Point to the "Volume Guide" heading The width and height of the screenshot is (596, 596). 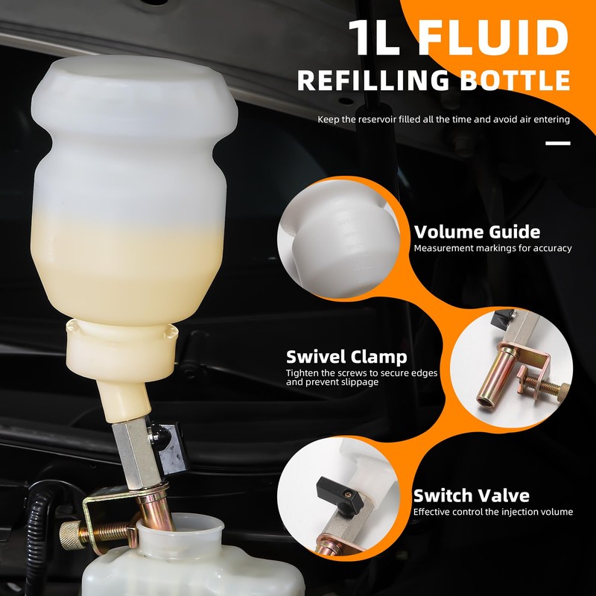(x=477, y=232)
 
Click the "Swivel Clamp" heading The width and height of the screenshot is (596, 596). (x=346, y=356)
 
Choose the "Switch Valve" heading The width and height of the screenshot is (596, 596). (x=472, y=495)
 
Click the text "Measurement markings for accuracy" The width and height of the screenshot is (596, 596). (x=492, y=248)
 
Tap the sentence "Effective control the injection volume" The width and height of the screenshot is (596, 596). (x=493, y=512)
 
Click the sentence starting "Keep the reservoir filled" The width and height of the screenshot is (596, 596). (x=443, y=119)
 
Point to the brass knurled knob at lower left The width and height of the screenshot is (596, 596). (x=70, y=533)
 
